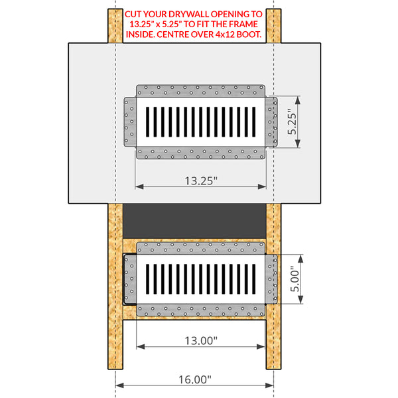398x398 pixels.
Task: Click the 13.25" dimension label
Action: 200,180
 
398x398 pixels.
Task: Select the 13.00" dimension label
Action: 200,340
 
